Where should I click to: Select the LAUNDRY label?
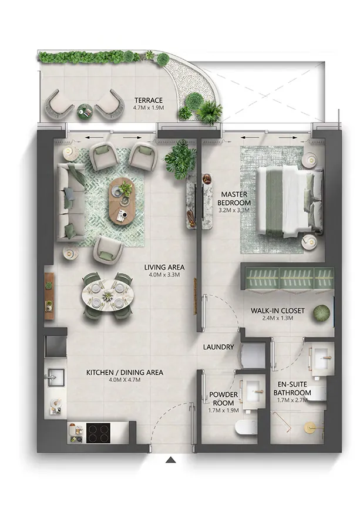(219, 347)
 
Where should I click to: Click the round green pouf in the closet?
(321, 312)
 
